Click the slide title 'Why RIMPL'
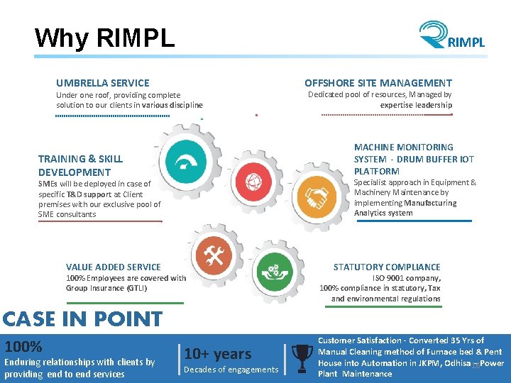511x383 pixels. coord(104,38)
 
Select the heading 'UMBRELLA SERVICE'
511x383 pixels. coord(103,83)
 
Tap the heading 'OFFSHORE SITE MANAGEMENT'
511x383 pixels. coord(378,83)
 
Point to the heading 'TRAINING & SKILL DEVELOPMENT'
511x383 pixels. coord(80,165)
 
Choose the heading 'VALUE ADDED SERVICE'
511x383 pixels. coord(114,267)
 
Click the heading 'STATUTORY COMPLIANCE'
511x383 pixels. coord(387,267)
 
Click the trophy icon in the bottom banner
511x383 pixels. coord(302,356)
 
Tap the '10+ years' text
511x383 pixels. coord(218,354)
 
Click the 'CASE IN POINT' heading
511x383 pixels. coord(82,319)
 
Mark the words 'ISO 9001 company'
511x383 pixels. coord(407,278)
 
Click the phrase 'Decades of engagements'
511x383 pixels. coord(231,370)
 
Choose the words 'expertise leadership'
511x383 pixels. coord(416,105)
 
